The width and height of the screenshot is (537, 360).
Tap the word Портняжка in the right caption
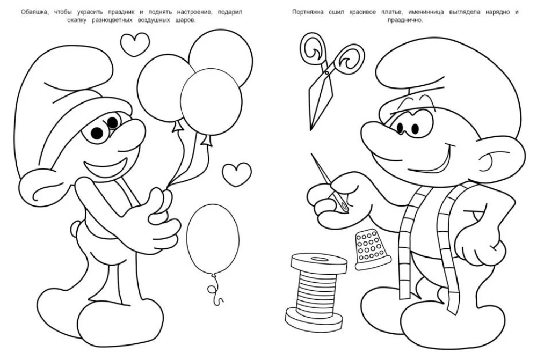(x=308, y=12)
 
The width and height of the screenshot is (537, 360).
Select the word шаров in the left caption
(x=185, y=20)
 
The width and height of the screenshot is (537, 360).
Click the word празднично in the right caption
(x=405, y=20)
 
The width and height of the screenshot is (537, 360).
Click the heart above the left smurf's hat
(x=135, y=44)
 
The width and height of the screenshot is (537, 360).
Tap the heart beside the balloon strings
(x=237, y=174)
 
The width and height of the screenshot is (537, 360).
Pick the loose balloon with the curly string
(x=213, y=239)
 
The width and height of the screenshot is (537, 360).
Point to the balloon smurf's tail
(x=76, y=228)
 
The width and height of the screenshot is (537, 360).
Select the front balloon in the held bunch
(x=211, y=102)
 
